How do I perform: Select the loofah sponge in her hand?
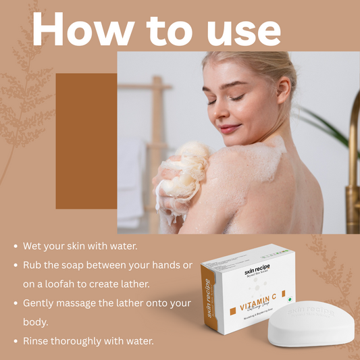[x=180, y=172]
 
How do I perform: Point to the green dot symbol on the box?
[x=290, y=298]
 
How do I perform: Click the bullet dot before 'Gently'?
[x=15, y=304]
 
